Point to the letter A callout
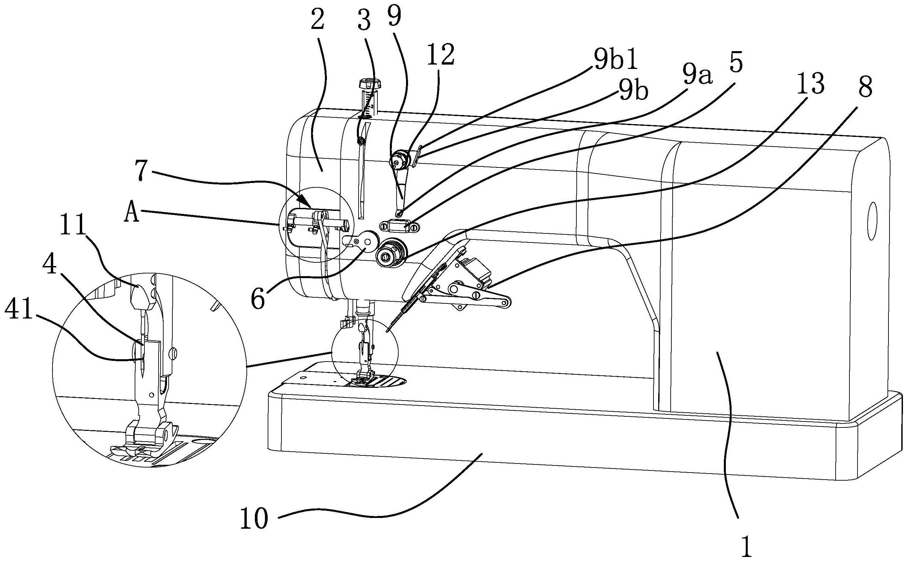tap(132, 215)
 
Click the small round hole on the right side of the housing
tap(872, 226)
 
